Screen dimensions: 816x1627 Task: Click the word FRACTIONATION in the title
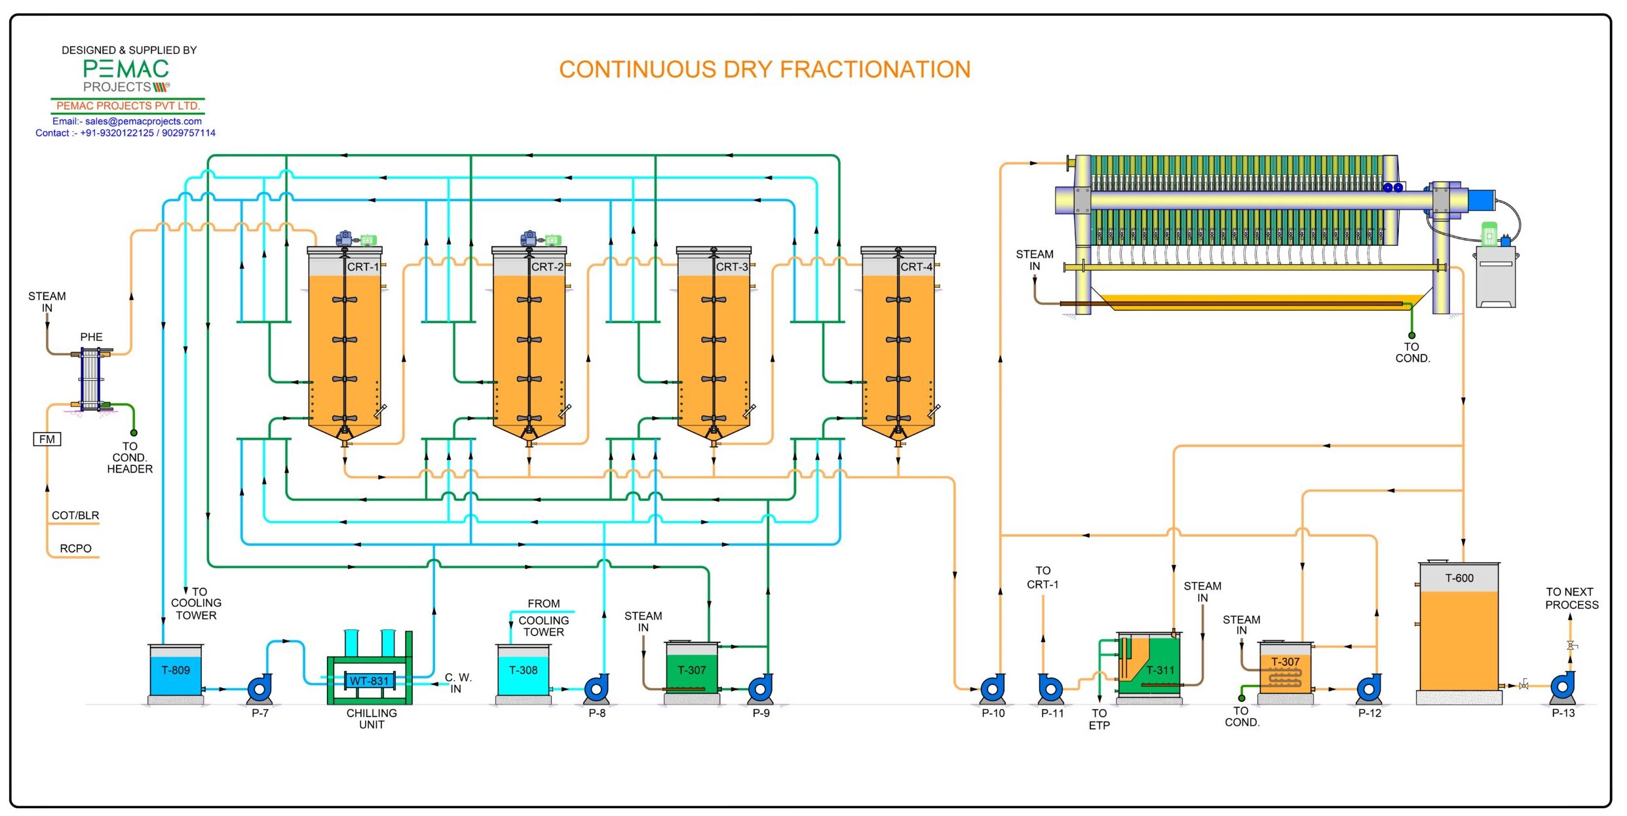tap(875, 69)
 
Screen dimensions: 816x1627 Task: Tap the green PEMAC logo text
tap(126, 69)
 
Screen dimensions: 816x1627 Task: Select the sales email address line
tap(127, 121)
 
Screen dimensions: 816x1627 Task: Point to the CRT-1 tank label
tap(362, 267)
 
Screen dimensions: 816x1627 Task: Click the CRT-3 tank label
tap(731, 267)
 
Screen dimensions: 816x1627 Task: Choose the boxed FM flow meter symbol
tap(47, 439)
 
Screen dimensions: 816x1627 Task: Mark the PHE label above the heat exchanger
tap(91, 337)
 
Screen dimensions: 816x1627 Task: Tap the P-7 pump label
tap(260, 713)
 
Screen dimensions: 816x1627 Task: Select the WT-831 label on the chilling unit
tap(369, 681)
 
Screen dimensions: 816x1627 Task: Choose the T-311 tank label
tap(1160, 670)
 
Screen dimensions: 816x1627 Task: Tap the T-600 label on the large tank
tap(1459, 578)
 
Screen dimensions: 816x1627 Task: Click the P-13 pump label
tap(1563, 713)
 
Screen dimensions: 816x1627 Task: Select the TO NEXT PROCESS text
tap(1571, 598)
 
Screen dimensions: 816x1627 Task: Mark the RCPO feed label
tap(75, 549)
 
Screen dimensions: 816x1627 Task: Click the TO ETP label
tap(1099, 719)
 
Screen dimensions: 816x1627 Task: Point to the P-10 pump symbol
tap(993, 689)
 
